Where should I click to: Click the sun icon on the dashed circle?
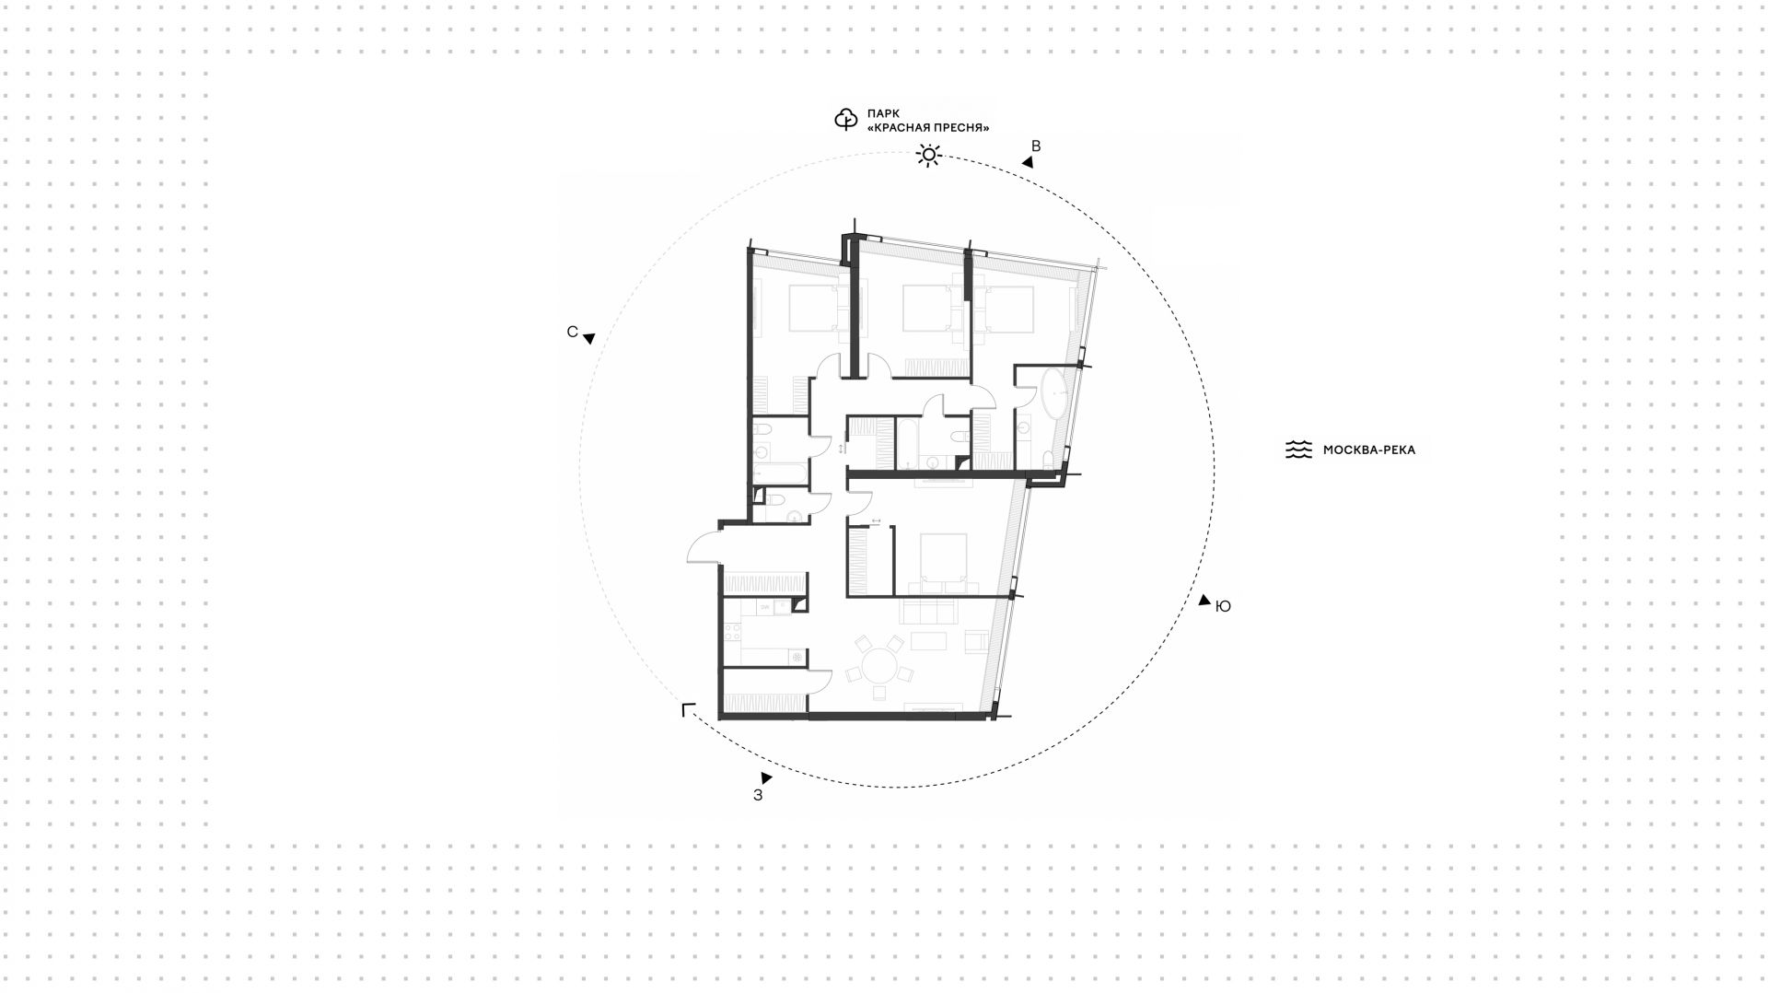tap(928, 156)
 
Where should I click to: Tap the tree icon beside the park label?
tap(845, 120)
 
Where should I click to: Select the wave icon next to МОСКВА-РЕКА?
tap(1298, 450)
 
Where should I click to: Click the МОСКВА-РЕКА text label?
tap(1369, 450)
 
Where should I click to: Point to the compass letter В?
tap(1036, 146)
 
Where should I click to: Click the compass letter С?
tap(572, 332)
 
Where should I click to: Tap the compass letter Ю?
tap(1224, 606)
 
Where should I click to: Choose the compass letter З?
tap(758, 796)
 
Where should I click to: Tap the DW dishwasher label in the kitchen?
tap(764, 608)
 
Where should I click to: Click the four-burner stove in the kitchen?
tap(733, 632)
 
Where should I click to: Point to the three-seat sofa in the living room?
tap(936, 611)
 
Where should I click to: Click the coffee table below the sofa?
tap(928, 641)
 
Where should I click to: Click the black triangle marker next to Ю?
tap(1204, 600)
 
